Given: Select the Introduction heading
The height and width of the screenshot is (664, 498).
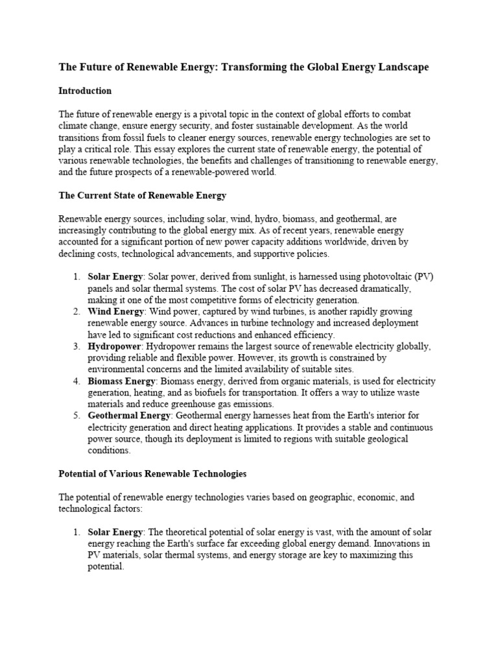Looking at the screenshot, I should tap(85, 91).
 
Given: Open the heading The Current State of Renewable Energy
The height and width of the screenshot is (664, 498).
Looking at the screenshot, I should tap(142, 195).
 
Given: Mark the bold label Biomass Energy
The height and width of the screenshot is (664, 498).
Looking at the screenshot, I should tap(121, 381).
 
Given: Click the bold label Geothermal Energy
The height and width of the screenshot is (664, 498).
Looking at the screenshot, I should tap(128, 416).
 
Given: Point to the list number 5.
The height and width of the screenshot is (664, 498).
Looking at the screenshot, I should tap(75, 416).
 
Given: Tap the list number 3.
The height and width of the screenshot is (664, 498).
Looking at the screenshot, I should tap(75, 346).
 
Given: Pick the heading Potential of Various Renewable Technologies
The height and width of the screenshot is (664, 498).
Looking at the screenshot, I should tap(152, 474).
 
